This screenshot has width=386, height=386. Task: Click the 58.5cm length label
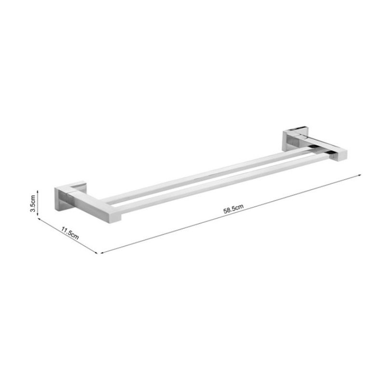pos(234,209)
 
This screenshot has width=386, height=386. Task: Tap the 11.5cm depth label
pos(70,233)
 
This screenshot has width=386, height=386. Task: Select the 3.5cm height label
pos(32,203)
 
